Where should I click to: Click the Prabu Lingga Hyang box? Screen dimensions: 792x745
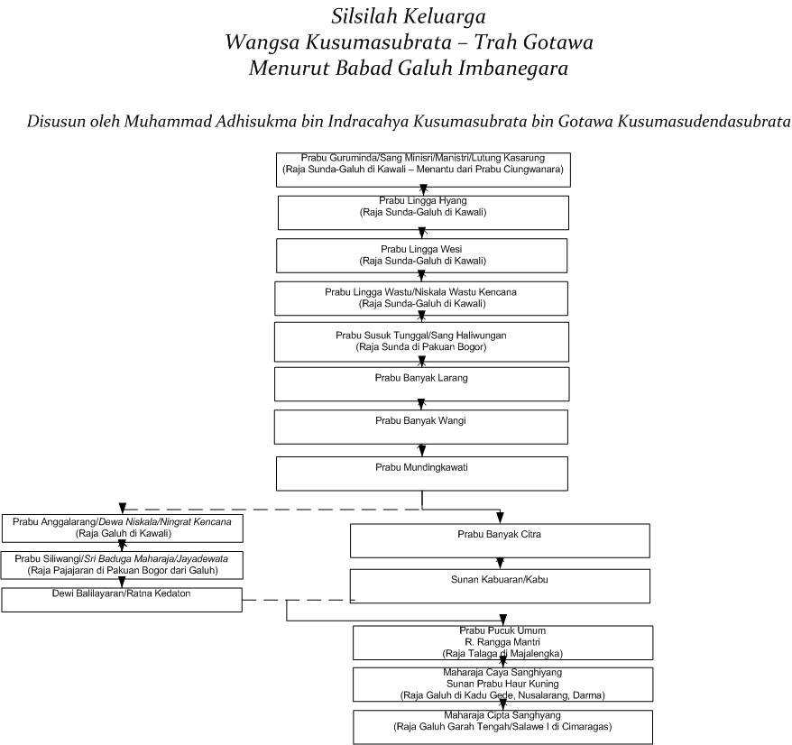[x=423, y=213]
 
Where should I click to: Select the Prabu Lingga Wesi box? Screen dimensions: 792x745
[x=422, y=255]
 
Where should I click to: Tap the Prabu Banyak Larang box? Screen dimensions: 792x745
[x=422, y=384]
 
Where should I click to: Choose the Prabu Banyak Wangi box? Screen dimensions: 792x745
[x=421, y=427]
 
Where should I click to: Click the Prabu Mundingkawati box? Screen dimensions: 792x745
[x=422, y=474]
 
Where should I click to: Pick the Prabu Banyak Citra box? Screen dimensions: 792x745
[x=500, y=540]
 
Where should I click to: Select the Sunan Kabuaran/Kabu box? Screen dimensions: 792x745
[x=500, y=586]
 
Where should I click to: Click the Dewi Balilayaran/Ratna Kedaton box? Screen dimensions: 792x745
[x=122, y=600]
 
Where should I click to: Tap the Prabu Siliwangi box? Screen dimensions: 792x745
[x=122, y=566]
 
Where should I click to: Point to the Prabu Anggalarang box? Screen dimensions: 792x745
[x=123, y=529]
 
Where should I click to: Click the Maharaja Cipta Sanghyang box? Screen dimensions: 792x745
[x=503, y=727]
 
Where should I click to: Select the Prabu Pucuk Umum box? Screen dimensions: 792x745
[x=503, y=642]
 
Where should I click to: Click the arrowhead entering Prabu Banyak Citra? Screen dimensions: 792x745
[x=500, y=518]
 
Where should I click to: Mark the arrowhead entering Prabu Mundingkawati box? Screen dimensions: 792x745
[x=422, y=451]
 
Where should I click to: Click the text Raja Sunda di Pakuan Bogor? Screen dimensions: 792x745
[x=421, y=347]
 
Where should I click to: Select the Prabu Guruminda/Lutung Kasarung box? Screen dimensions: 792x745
[x=423, y=170]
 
